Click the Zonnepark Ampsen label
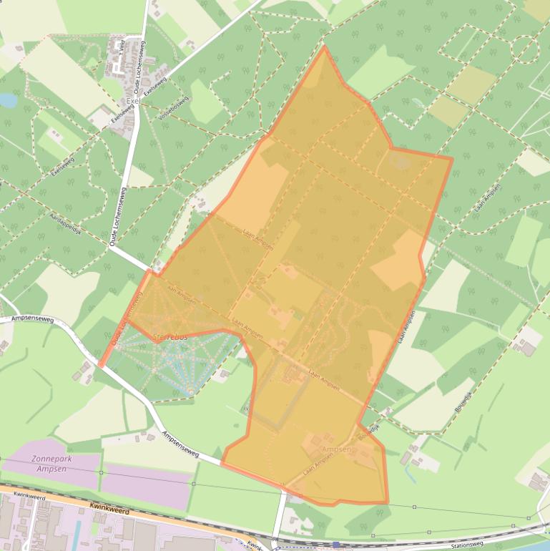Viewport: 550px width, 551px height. pos(48,464)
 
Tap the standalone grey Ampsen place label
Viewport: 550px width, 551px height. pos(337,449)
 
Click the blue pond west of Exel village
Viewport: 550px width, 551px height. pos(9,101)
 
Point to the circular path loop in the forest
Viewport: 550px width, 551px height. pos(525,51)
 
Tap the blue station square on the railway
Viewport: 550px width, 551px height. pos(336,545)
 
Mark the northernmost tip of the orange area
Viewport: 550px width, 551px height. pos(323,47)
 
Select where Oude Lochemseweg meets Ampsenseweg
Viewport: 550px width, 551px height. pos(101,366)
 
